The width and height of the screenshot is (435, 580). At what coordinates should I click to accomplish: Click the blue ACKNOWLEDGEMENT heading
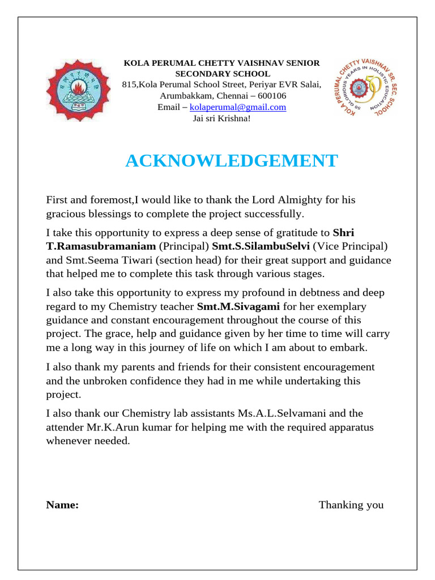[x=231, y=161]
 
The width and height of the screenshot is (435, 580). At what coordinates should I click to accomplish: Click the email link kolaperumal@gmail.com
[x=238, y=107]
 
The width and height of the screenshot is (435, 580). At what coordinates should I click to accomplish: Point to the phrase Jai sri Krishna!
[x=221, y=118]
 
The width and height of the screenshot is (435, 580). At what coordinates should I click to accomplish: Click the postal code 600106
[x=271, y=96]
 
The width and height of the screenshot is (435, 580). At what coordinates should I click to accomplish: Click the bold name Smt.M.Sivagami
[x=238, y=306]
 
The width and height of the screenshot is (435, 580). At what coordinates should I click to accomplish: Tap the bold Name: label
[x=62, y=505]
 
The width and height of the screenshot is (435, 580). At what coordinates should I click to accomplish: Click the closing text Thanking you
[x=351, y=505]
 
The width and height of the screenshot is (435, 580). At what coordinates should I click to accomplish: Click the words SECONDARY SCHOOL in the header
[x=222, y=74]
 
